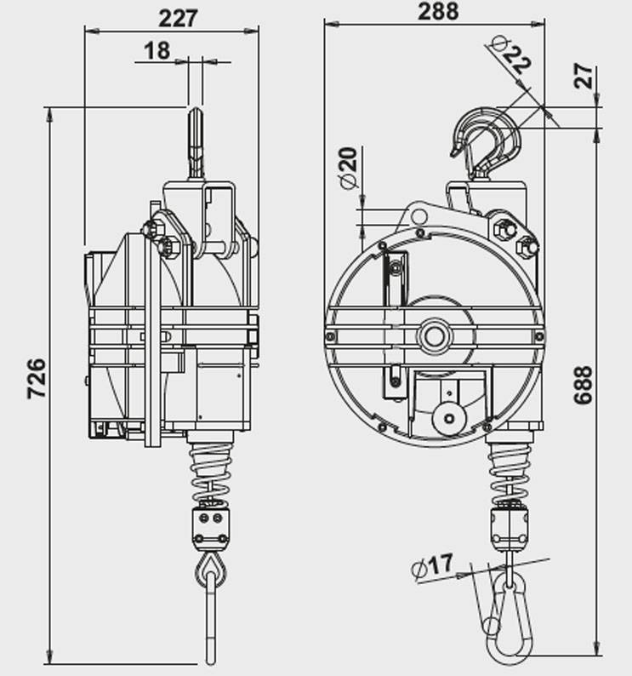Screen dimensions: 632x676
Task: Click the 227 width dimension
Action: pyautogui.click(x=178, y=19)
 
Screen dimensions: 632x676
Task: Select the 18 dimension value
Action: pyautogui.click(x=157, y=51)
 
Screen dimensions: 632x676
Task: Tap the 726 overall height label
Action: pyautogui.click(x=37, y=378)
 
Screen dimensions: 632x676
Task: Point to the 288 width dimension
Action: pyautogui.click(x=438, y=11)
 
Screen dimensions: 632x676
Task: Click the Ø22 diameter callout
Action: pyautogui.click(x=511, y=54)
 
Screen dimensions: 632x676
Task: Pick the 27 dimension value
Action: pyautogui.click(x=584, y=76)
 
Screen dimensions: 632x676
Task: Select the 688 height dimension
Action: pyautogui.click(x=584, y=385)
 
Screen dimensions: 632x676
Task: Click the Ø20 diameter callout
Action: pyautogui.click(x=349, y=168)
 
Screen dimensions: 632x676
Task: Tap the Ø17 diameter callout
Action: pyautogui.click(x=432, y=566)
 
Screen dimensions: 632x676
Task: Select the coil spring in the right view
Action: pyautogui.click(x=510, y=472)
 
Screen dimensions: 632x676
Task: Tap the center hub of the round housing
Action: pyautogui.click(x=434, y=335)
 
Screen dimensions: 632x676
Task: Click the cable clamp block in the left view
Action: pyautogui.click(x=210, y=528)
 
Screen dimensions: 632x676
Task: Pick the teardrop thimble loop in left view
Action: pyautogui.click(x=210, y=570)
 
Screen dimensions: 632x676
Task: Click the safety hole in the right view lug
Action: pyautogui.click(x=418, y=216)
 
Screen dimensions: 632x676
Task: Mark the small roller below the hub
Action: pyautogui.click(x=449, y=418)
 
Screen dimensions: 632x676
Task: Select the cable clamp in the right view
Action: pyautogui.click(x=510, y=527)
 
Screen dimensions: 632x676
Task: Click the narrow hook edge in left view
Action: pyautogui.click(x=196, y=143)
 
